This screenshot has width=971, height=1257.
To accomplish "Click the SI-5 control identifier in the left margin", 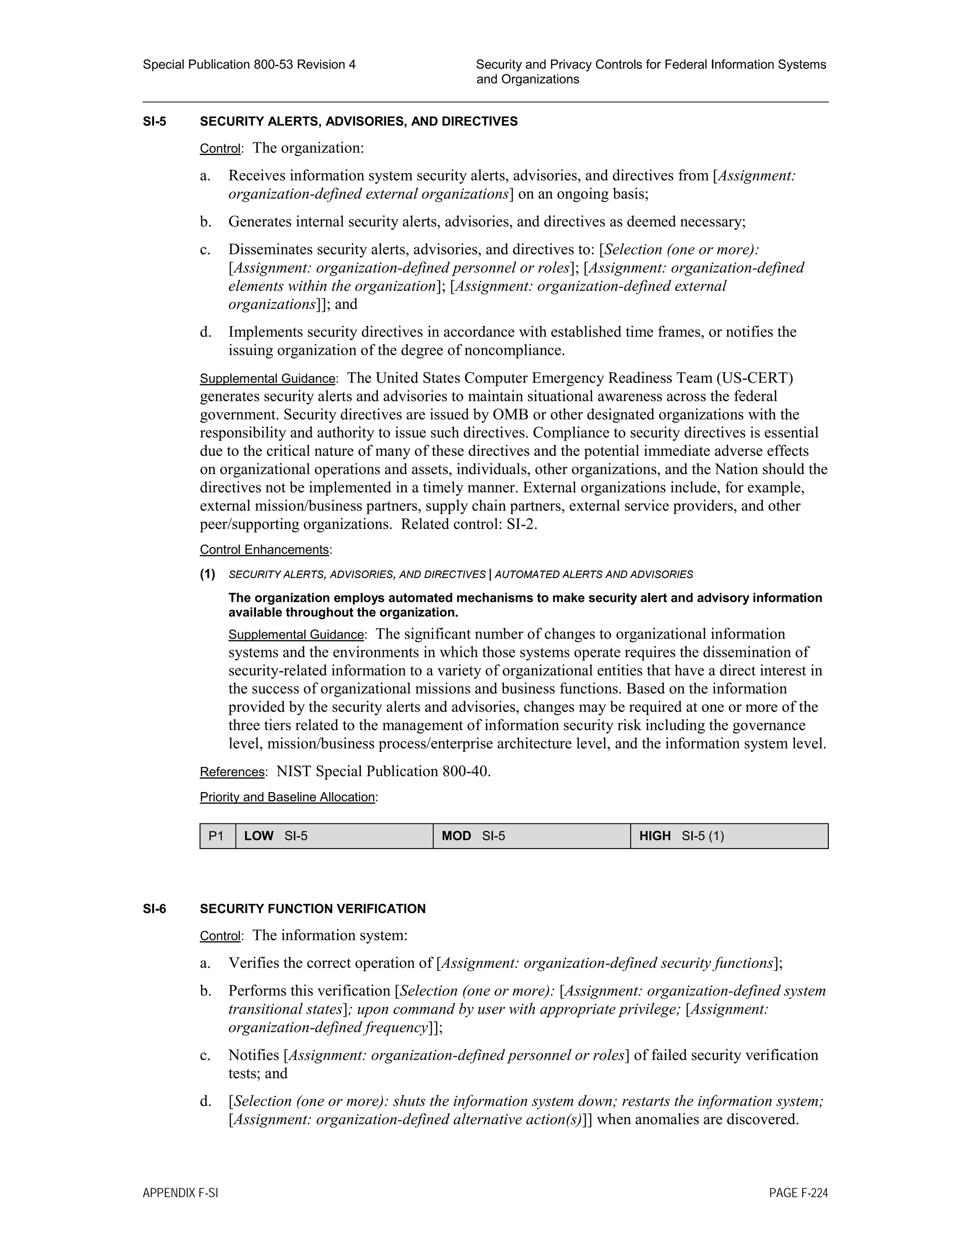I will point(154,121).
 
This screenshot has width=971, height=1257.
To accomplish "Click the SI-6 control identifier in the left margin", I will point(154,909).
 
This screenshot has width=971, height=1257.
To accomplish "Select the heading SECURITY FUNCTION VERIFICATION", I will point(312,909).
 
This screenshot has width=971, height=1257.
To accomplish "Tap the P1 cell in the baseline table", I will point(216,836).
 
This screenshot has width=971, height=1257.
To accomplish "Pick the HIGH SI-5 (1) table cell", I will point(729,836).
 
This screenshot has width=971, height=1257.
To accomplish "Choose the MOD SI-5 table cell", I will point(531,836).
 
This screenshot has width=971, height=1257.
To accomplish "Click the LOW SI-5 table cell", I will point(334,836).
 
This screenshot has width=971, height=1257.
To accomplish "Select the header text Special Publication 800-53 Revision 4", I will point(249,65).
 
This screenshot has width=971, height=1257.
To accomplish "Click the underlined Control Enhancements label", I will point(264,550).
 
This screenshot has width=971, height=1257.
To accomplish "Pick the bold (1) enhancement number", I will point(208,574).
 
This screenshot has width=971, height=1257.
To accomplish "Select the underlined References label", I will point(232,772).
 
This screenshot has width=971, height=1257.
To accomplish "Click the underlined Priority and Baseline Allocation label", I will point(287,797).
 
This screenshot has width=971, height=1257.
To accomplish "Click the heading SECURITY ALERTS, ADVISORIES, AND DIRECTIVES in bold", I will point(358,121).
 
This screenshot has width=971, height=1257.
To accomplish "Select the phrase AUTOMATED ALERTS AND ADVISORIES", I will point(594,574).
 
